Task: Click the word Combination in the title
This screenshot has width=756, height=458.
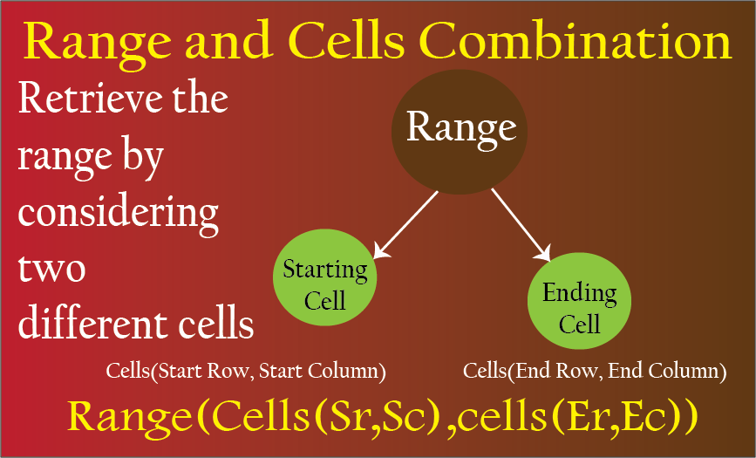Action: (x=575, y=42)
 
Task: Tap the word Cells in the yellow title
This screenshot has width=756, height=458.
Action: (x=348, y=42)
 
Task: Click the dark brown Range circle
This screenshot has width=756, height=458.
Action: (x=459, y=132)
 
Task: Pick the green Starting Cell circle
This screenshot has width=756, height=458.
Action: (x=324, y=277)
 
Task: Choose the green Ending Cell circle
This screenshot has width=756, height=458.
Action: (x=579, y=301)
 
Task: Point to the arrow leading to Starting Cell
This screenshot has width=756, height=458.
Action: (x=405, y=225)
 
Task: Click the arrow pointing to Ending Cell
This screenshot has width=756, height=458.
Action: (x=521, y=225)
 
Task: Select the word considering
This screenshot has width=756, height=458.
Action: (x=118, y=213)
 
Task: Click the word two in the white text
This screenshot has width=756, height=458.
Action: (x=51, y=270)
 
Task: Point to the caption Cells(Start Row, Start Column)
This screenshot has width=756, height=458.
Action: (x=246, y=372)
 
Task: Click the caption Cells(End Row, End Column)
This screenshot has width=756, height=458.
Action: (x=595, y=372)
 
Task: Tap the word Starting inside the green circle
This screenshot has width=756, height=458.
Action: (x=325, y=271)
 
